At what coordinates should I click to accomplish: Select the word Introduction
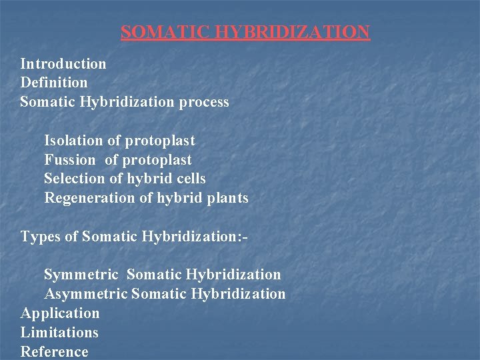pos(63,64)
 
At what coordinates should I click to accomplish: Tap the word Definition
pos(54,83)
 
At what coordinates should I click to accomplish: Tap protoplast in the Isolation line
pos(160,141)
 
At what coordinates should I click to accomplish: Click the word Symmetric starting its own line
pos(81,275)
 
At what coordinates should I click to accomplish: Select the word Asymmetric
pos(86,294)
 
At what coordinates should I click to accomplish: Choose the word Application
pos(60,313)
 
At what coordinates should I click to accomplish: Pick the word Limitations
pos(59,333)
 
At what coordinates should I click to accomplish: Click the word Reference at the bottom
pos(54,351)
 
